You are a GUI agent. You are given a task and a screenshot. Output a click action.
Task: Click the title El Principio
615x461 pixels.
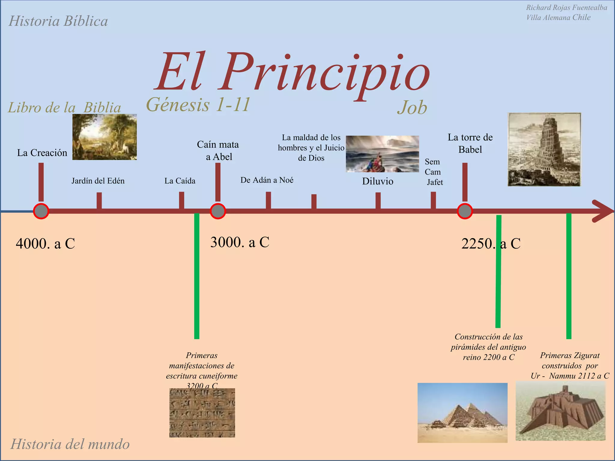293,72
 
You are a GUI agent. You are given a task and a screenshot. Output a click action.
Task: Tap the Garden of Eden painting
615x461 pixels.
105,137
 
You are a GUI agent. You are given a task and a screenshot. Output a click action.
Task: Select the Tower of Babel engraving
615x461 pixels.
544,149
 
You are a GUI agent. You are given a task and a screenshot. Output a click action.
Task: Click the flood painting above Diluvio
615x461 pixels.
382,154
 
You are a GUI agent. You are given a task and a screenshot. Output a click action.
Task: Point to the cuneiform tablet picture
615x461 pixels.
202,413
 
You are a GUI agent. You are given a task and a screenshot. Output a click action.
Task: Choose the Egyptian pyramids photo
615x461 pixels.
462,413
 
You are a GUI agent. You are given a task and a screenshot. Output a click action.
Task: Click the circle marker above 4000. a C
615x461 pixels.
41,211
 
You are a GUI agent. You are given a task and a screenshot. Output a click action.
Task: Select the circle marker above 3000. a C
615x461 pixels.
218,211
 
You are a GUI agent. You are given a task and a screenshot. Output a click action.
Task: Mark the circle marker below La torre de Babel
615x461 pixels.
465,211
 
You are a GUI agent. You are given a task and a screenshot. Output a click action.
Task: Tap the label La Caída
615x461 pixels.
180,181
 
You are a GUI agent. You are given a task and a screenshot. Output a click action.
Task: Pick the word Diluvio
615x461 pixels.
377,181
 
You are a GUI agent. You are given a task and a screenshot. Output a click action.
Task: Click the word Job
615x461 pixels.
412,107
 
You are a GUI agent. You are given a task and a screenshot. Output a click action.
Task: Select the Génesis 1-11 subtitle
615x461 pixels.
198,104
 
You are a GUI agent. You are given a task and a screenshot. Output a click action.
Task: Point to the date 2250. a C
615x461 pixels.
491,243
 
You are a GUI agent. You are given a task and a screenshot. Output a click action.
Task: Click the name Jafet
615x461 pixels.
435,182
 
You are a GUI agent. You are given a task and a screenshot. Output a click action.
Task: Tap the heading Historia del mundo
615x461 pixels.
70,444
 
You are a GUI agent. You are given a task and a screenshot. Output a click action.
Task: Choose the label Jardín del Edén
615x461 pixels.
98,181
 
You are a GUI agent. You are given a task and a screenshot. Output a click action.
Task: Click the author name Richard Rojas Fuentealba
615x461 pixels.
566,8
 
